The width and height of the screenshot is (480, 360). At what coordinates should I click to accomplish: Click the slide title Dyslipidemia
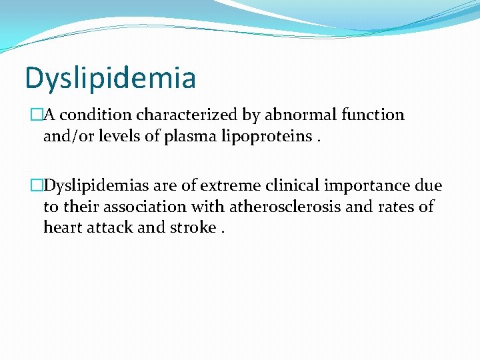pos(111,77)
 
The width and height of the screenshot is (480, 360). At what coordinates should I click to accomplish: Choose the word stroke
pos(193,227)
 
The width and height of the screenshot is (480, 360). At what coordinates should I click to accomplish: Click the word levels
pos(121,137)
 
